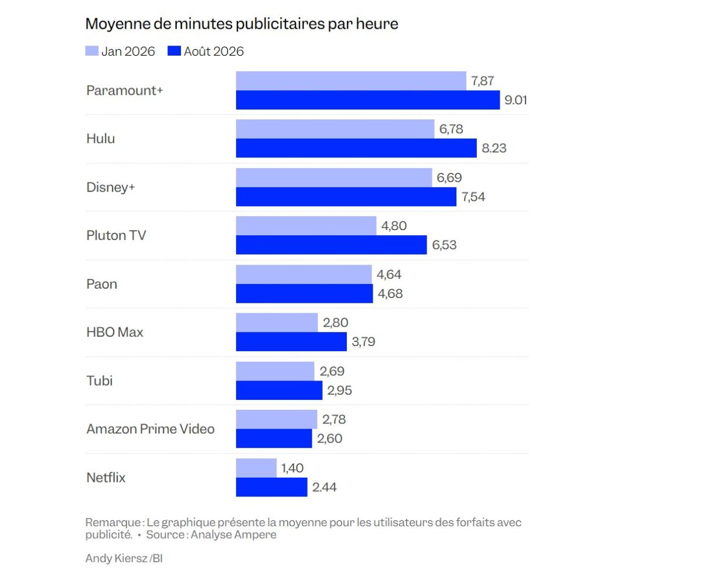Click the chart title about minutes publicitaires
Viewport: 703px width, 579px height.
[x=241, y=24]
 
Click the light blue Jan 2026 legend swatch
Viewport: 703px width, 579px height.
[x=91, y=51]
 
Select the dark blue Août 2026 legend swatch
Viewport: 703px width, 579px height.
[x=174, y=51]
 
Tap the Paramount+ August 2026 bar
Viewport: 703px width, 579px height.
[x=368, y=100]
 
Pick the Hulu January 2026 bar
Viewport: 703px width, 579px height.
[x=335, y=129]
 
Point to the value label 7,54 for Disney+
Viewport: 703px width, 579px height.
[x=473, y=197]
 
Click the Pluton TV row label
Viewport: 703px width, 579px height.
[x=116, y=235]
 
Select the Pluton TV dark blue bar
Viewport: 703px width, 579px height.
[x=332, y=245]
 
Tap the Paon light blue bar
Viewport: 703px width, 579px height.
[x=303, y=275]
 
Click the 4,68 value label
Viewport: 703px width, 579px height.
[x=390, y=294]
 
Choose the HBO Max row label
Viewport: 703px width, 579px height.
[x=115, y=333]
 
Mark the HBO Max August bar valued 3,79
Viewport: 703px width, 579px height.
[x=291, y=342]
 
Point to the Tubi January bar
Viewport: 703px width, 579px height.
[x=275, y=371]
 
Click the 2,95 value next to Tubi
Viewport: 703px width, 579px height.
[x=339, y=390]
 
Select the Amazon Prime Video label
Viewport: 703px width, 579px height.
[x=151, y=429]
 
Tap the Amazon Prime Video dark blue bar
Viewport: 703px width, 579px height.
[x=274, y=438]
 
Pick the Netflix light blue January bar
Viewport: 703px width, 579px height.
[x=256, y=468]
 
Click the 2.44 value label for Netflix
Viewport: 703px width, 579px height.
[x=324, y=487]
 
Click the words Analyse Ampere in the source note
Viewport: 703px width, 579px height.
[x=233, y=535]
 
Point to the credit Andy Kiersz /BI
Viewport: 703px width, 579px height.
[x=124, y=558]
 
